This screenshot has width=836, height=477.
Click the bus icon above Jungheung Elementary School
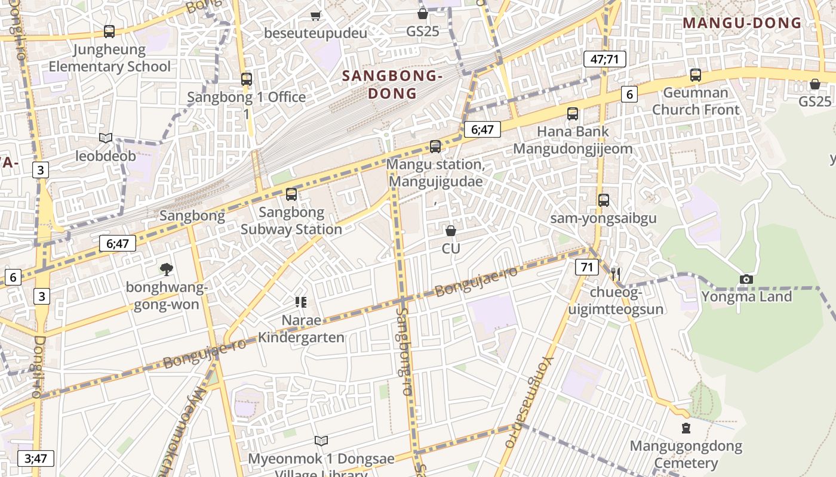(x=109, y=32)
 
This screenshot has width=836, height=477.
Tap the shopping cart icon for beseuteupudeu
(x=315, y=16)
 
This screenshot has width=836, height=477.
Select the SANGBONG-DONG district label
(x=392, y=85)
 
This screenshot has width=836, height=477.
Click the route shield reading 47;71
(x=604, y=58)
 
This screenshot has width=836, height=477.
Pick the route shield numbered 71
(x=587, y=267)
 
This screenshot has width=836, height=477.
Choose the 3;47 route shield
(x=36, y=458)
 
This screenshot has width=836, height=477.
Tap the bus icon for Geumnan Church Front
(x=695, y=75)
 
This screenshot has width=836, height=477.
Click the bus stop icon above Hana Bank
(x=573, y=114)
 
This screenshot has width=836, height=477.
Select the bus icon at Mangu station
(x=435, y=147)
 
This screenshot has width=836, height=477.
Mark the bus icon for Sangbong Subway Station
(x=291, y=194)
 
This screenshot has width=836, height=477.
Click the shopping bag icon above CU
(x=451, y=230)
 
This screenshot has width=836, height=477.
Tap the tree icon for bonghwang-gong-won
(x=167, y=270)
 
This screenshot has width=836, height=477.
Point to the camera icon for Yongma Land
(x=746, y=279)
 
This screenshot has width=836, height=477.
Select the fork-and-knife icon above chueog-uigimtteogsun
(x=616, y=274)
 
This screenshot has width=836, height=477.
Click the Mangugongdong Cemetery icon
(x=686, y=428)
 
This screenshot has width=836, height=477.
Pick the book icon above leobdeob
(x=106, y=138)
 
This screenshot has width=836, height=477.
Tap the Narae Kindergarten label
(x=301, y=329)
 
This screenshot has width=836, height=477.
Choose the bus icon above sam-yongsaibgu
(x=604, y=200)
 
